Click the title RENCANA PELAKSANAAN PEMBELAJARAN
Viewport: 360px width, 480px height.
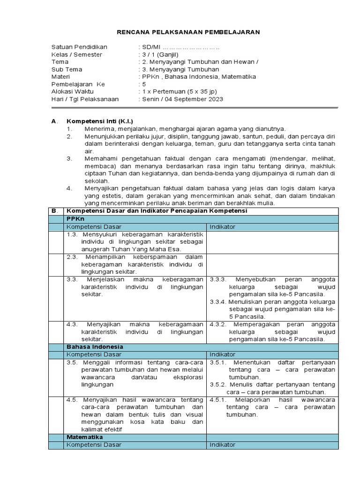187,31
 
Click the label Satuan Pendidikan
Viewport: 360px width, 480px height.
79,47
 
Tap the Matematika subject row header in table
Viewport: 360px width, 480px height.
85,437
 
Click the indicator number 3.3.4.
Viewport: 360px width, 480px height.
218,301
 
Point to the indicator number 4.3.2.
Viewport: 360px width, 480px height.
218,324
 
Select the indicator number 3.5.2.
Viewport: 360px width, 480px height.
218,385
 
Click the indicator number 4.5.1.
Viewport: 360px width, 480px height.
218,400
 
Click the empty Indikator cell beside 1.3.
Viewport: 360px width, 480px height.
271,242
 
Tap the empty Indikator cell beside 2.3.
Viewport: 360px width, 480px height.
271,264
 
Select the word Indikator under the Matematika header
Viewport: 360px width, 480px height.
223,444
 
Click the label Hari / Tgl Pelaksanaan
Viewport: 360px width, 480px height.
85,99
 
